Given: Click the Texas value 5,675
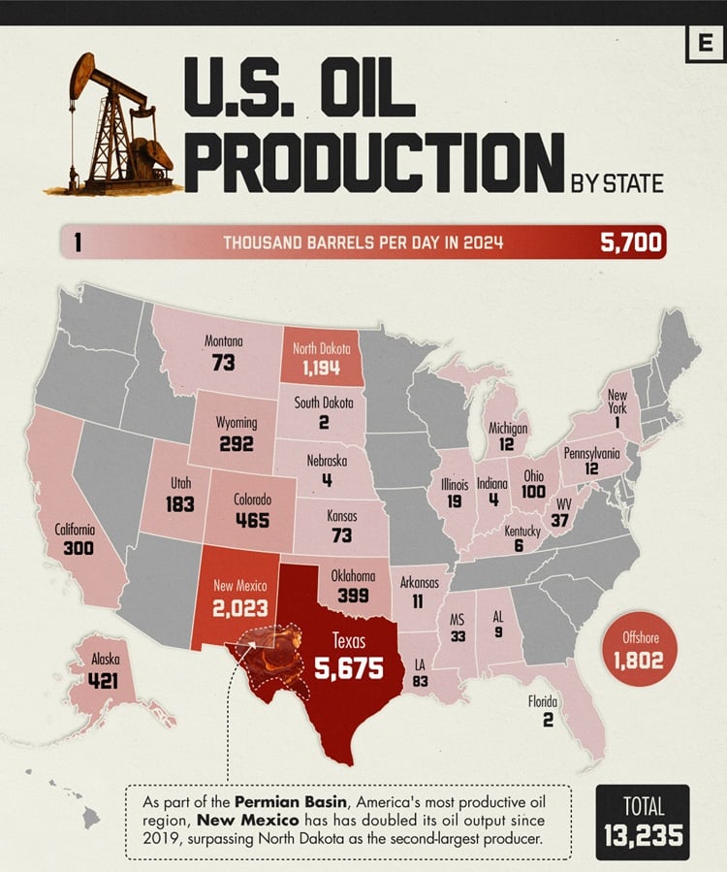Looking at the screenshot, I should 349,668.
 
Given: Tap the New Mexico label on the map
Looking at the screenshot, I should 240,586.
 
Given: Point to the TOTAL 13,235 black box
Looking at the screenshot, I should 643,822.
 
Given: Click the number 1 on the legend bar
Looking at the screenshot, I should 77,242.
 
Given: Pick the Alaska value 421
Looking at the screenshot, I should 103,680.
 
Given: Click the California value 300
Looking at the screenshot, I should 75,549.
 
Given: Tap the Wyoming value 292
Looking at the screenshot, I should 236,444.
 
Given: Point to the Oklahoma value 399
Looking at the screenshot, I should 353,595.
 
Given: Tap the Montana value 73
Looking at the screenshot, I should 224,362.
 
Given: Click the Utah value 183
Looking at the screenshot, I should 179,503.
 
